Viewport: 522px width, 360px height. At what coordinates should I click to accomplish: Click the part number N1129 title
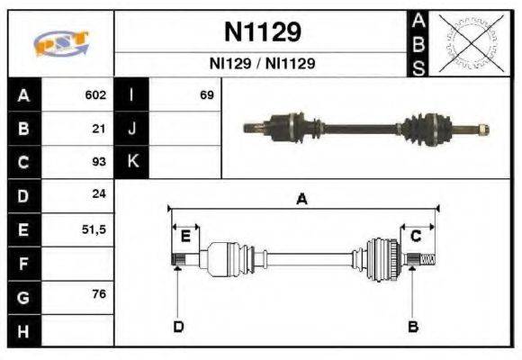coord(262,32)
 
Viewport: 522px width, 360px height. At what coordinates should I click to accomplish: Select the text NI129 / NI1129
coord(262,65)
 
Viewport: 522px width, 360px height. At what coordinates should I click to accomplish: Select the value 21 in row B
coord(100,129)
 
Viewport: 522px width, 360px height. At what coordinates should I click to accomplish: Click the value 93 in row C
coord(100,162)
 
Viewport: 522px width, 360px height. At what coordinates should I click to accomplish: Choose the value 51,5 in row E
coord(94,229)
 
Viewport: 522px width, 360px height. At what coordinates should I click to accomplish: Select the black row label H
coord(22,330)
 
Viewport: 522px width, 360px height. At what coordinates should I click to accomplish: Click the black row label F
coord(22,263)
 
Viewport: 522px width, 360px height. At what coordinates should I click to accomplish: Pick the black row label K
coord(131,162)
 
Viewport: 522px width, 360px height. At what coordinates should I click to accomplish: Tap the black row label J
coord(131,129)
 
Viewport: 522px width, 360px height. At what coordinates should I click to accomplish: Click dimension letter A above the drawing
coord(302,200)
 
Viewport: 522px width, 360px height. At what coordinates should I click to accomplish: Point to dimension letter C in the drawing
coord(416,236)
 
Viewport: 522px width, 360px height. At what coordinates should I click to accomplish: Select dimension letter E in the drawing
coord(185,236)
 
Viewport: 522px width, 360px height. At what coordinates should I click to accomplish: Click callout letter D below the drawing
coord(178,326)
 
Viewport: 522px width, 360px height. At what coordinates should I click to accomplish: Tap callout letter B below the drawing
coord(413,326)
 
